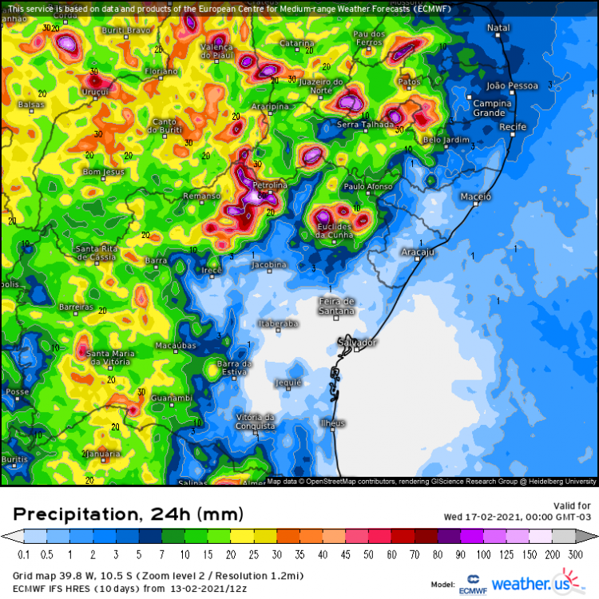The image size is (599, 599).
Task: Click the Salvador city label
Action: [x=357, y=342]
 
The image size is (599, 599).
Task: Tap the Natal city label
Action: [x=498, y=28]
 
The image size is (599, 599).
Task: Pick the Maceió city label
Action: [x=476, y=196]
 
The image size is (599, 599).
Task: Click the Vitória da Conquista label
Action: [x=256, y=421]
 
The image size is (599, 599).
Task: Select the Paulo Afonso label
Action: [x=367, y=186]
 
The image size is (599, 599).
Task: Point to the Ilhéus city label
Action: [x=332, y=422]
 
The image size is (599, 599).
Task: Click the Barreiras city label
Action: [x=77, y=307]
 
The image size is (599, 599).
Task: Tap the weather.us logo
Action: [x=538, y=582]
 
